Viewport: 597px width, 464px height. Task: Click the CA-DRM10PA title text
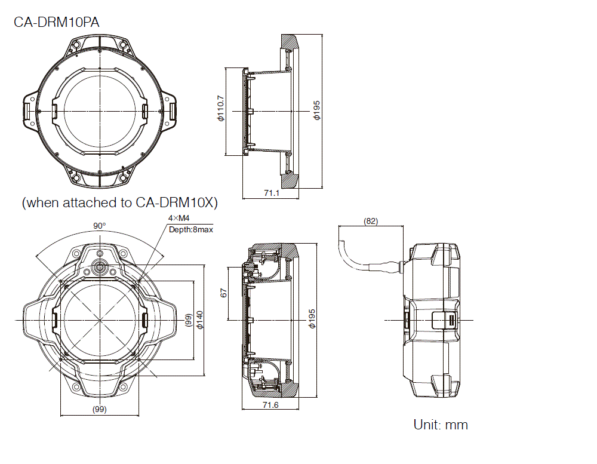click(57, 22)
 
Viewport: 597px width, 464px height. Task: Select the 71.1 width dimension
click(272, 193)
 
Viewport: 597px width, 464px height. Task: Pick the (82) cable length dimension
click(370, 221)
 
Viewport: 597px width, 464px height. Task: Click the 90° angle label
click(99, 226)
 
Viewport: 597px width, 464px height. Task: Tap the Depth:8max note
click(190, 229)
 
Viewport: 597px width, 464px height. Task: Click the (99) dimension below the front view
click(99, 409)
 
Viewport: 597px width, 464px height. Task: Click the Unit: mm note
click(441, 425)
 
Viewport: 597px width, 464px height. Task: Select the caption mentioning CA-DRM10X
click(119, 202)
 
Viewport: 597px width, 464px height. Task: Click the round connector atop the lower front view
click(100, 264)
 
